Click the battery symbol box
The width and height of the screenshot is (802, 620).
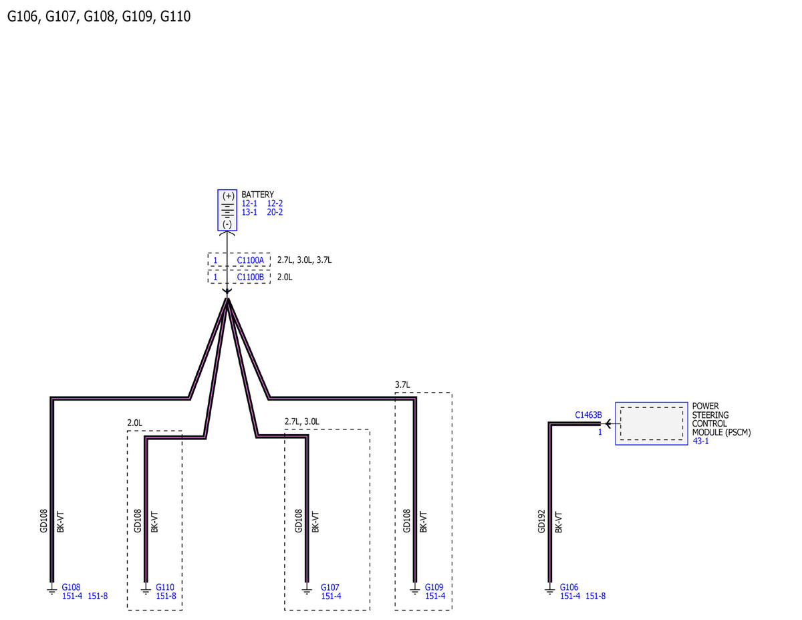(227, 210)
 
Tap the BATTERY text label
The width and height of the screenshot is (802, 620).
(257, 195)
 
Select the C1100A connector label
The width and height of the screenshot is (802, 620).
(250, 260)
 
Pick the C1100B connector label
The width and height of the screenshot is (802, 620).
(250, 277)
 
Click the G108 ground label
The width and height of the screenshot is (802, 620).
(71, 587)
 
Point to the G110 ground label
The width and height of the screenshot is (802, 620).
(165, 587)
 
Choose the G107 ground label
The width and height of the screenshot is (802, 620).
(329, 587)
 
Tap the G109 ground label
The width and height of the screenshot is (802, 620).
(434, 587)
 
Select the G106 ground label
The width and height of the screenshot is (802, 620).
(569, 587)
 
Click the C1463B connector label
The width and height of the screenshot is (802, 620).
(588, 415)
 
